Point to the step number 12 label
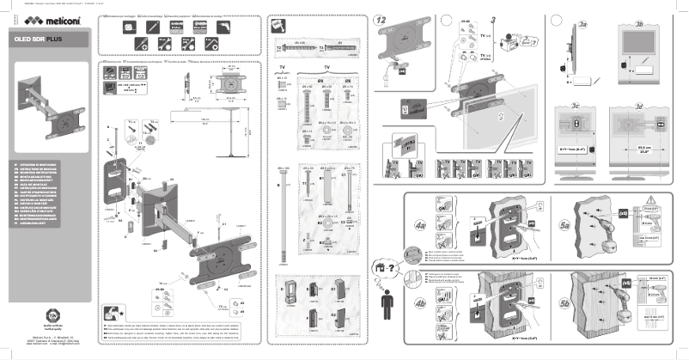382,19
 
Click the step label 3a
583,27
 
